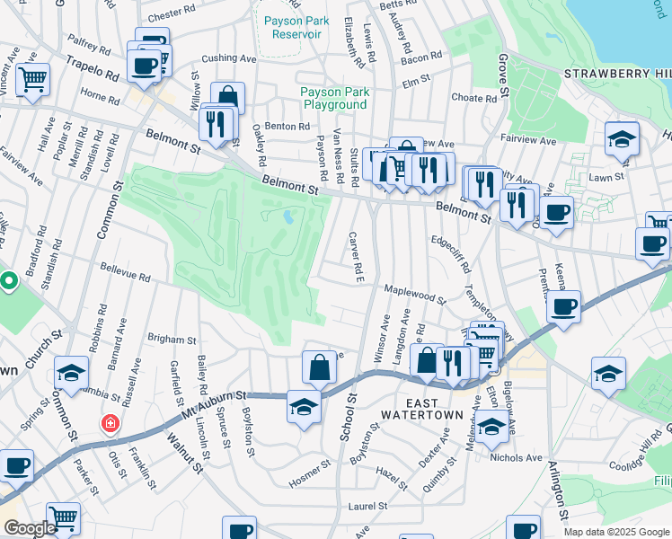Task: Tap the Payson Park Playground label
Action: coord(333,98)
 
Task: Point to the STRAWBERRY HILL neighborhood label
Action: coord(616,72)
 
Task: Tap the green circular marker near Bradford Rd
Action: coord(9,282)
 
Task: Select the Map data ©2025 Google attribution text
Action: coord(615,532)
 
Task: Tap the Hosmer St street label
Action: coord(310,477)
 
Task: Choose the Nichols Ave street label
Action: coord(517,457)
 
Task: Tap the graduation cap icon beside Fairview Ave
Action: coord(622,139)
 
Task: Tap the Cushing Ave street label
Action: coord(229,58)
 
